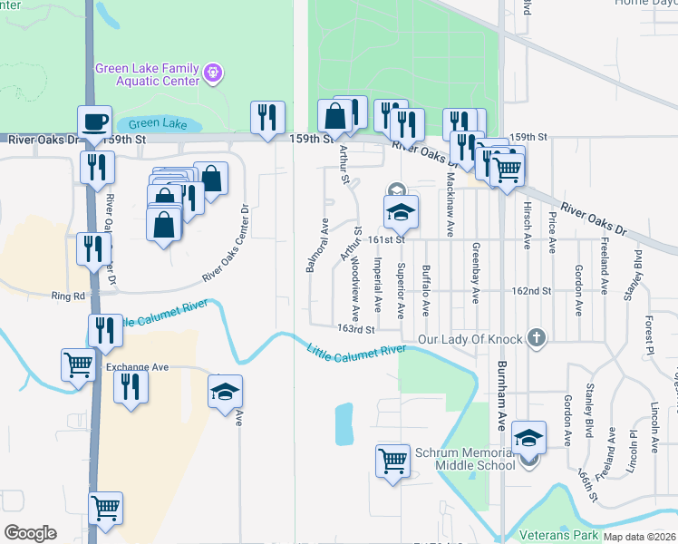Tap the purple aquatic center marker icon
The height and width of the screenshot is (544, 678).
click(213, 70)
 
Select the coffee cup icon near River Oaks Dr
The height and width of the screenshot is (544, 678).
click(93, 120)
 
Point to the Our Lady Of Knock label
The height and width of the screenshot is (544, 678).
click(470, 339)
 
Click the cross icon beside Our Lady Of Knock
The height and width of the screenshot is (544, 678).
click(537, 339)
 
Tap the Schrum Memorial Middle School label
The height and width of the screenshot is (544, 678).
click(464, 459)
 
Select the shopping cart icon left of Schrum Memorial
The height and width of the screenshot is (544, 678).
click(392, 460)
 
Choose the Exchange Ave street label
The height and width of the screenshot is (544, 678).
click(138, 367)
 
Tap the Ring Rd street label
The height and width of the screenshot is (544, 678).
click(68, 296)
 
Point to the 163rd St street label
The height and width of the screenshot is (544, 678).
click(355, 329)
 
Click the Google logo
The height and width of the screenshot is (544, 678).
click(30, 533)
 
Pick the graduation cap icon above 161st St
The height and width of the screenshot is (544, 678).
click(400, 212)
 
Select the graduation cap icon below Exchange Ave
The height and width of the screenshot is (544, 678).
click(226, 391)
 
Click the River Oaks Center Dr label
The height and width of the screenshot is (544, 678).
click(227, 243)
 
